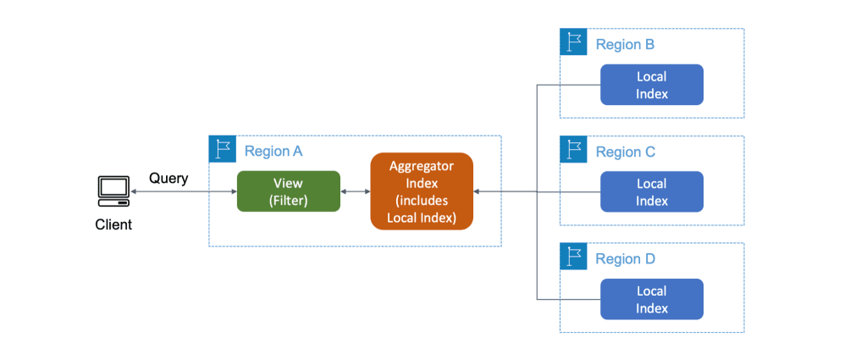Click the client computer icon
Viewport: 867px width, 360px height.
113,191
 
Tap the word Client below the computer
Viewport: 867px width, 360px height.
113,224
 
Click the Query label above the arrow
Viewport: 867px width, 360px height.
168,178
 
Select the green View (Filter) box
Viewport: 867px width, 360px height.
288,191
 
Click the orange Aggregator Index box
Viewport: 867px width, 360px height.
421,191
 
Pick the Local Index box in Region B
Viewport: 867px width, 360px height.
651,85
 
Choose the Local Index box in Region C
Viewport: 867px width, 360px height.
651,192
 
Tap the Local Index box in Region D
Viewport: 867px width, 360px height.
651,299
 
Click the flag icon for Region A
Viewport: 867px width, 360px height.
222,149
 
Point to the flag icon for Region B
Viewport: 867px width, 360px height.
573,42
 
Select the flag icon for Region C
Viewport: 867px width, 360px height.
573,150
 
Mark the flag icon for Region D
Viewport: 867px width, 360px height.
573,257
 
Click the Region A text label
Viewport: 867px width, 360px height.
273,152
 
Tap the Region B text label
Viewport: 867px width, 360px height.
625,45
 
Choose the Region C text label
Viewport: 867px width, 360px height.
625,152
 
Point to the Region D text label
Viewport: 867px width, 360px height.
625,259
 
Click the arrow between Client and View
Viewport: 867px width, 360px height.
183,192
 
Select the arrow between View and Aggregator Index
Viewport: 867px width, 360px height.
355,192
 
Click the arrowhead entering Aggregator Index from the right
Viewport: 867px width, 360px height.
479,192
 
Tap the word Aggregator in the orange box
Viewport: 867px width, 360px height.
421,166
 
